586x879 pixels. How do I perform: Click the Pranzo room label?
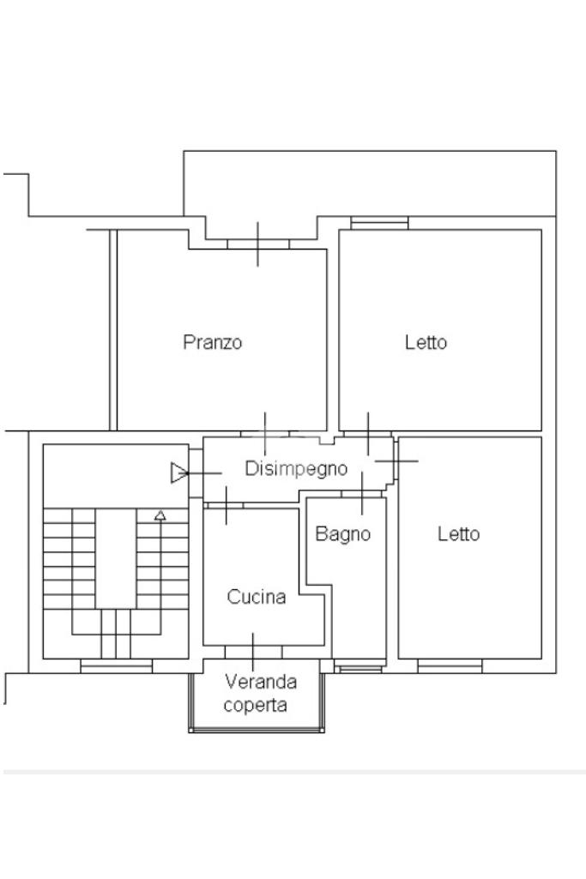tap(213, 342)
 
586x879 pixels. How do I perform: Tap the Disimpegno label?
tap(296, 468)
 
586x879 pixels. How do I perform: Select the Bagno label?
tap(343, 533)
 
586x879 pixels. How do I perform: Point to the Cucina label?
tap(257, 597)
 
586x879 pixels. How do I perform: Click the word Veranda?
tap(261, 682)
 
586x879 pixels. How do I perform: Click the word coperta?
tap(255, 705)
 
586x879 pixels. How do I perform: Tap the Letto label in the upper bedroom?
tap(426, 342)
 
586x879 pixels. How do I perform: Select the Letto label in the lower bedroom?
tap(459, 533)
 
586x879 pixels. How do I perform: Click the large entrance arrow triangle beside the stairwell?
tap(178, 473)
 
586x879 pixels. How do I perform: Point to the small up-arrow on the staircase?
tap(160, 515)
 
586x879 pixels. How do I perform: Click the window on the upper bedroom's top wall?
tap(379, 223)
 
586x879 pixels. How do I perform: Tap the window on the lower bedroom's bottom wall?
tap(450, 666)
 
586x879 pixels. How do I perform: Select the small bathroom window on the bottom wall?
tap(360, 667)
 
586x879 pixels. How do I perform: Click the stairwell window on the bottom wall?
tap(116, 666)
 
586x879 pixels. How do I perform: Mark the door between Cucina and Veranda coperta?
tap(253, 652)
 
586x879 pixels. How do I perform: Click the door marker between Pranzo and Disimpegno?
tap(265, 434)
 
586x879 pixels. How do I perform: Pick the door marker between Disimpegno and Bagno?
tap(362, 493)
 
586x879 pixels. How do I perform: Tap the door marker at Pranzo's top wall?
tap(258, 244)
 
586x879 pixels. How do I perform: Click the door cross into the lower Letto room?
tap(396, 461)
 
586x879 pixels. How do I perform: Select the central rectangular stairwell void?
tap(116, 558)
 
